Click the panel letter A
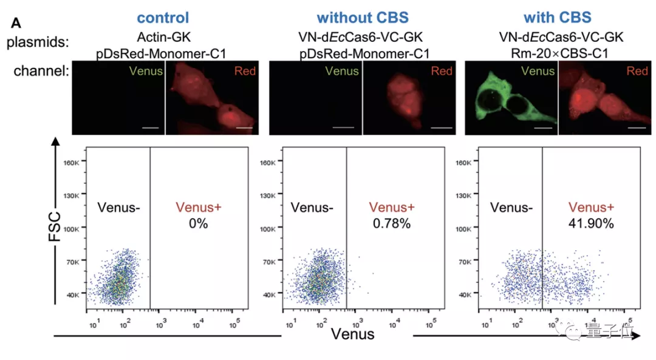click(x=17, y=24)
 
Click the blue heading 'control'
click(x=163, y=18)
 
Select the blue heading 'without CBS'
click(x=362, y=18)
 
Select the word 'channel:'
click(x=40, y=72)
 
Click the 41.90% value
click(x=591, y=223)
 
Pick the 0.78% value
click(x=392, y=223)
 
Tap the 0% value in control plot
click(x=198, y=223)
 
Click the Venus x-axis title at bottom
click(x=352, y=334)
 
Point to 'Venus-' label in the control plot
click(x=118, y=208)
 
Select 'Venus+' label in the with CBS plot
click(x=591, y=208)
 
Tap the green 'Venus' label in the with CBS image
click(x=538, y=72)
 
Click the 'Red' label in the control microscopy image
click(x=245, y=72)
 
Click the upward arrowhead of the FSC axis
click(x=56, y=142)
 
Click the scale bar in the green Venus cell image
click(x=543, y=128)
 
